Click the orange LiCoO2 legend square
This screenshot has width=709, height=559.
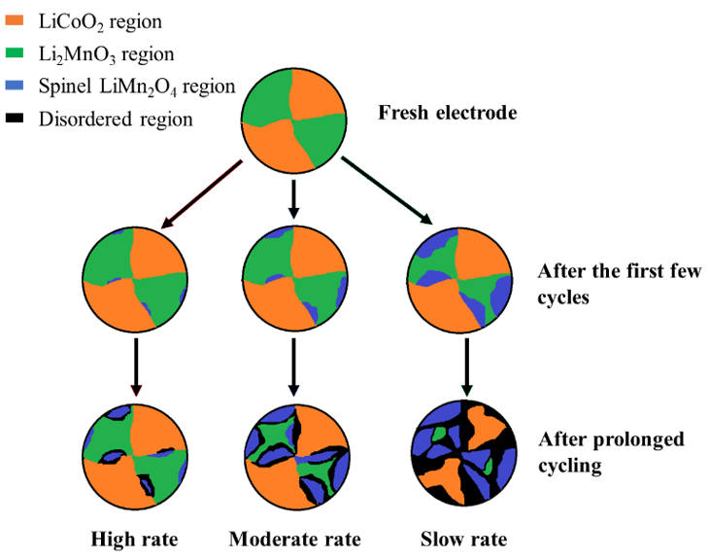pos(15,19)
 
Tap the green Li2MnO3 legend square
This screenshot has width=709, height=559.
pos(15,53)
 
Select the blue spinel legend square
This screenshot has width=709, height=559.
pos(15,87)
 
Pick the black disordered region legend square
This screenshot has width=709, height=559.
pos(15,120)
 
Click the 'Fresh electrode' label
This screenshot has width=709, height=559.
pos(447,113)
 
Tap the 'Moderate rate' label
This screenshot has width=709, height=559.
pos(295,539)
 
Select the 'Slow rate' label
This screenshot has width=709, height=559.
pos(463,539)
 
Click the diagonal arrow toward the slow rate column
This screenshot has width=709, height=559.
pos(388,190)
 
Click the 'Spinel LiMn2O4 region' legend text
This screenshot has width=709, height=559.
pos(136,87)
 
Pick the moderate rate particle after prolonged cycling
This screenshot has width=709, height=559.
pos(292,453)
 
